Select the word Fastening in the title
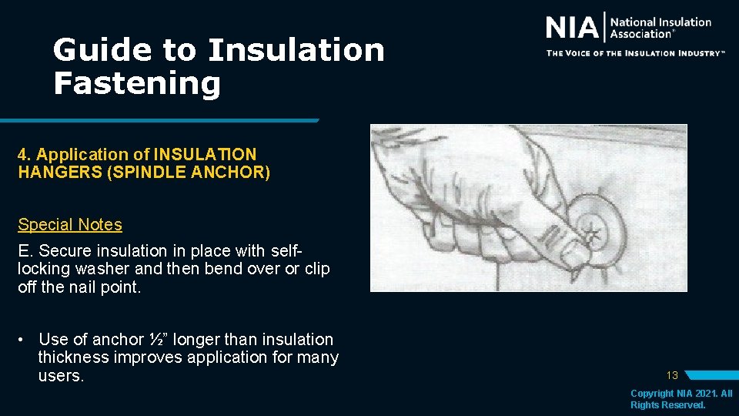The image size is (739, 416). point(136,83)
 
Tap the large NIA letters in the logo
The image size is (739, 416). point(571,29)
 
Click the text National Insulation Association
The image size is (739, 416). point(660,28)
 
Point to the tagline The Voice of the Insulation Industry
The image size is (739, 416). point(635,53)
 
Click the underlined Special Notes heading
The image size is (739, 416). point(70,225)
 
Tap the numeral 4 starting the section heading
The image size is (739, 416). point(22,155)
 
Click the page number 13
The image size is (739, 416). point(672,376)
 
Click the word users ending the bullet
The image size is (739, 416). point(60,376)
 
